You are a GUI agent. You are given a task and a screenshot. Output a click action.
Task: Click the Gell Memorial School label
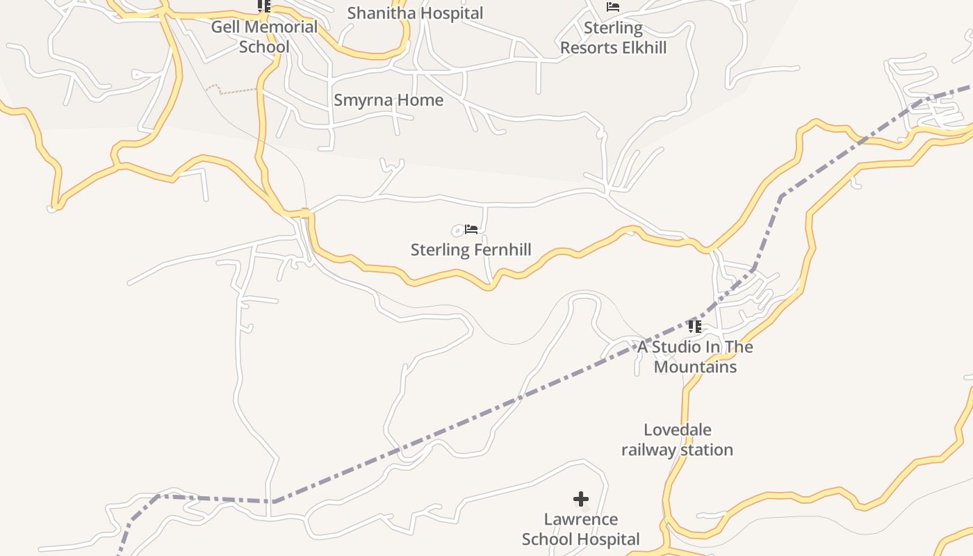[264, 37]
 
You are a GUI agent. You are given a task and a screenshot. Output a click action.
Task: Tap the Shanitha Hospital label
[415, 13]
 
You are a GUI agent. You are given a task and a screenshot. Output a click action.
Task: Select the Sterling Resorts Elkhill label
[613, 38]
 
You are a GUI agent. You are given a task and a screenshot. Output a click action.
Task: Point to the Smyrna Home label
[389, 100]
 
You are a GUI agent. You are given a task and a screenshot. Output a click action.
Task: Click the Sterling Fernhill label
[471, 250]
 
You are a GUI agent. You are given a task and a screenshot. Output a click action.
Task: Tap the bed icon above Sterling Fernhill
[471, 229]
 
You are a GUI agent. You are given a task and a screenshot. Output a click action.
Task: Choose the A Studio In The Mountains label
[695, 357]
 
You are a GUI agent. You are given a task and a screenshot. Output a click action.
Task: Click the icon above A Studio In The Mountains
[694, 326]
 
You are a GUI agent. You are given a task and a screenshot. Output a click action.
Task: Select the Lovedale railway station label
[677, 440]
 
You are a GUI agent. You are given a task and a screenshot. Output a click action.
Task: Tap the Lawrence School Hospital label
[580, 529]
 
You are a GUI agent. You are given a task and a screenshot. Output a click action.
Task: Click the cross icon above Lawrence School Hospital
[581, 499]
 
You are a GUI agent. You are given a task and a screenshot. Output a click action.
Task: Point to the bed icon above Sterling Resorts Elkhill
[612, 7]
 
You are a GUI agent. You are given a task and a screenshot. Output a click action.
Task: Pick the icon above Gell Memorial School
[263, 6]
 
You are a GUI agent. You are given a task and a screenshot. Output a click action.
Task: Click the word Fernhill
[500, 250]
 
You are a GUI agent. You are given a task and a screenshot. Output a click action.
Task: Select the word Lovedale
[677, 430]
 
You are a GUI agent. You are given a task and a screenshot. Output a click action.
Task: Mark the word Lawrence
[580, 519]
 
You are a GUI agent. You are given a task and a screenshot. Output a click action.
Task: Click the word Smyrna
[359, 100]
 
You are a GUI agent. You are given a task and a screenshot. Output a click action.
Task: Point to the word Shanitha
[381, 13]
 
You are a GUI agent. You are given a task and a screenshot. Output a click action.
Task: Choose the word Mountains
[695, 367]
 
